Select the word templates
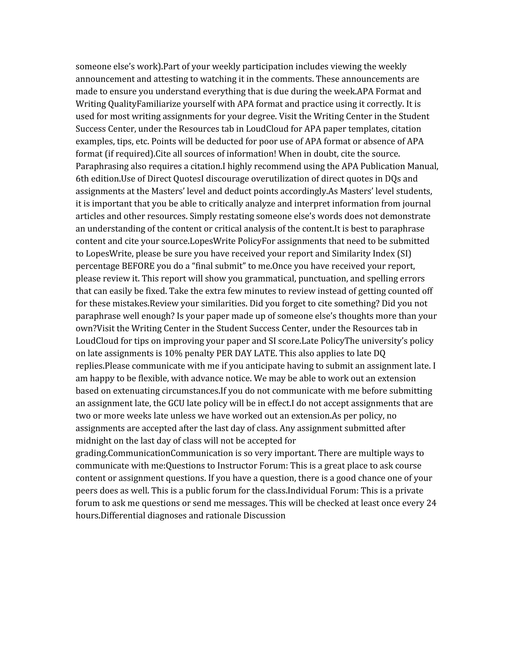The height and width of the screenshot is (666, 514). tap(368, 129)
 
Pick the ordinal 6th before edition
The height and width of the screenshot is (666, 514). tap(81, 179)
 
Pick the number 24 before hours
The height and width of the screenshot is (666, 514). tap(431, 503)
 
